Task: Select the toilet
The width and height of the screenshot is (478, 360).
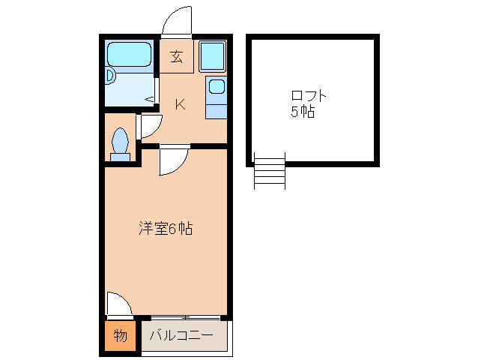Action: coord(119,143)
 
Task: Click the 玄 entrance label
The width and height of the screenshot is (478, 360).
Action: coord(177,57)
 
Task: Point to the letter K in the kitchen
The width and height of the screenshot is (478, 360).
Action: coord(180,104)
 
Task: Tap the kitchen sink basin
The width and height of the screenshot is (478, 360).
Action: coord(216,86)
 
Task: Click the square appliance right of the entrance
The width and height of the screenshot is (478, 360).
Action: coord(212,55)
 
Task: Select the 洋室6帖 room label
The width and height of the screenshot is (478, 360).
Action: coord(166,229)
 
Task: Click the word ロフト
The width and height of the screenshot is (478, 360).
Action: coord(309,97)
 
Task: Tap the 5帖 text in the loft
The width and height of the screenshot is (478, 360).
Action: coord(303,112)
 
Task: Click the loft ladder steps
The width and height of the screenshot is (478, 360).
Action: coord(270,172)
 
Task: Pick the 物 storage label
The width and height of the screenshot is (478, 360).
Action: coord(120,335)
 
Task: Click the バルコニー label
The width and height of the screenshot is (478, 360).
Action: coord(181,335)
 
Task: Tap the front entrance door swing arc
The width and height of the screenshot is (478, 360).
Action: coord(177,21)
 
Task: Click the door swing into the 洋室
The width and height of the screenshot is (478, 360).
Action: coord(172,161)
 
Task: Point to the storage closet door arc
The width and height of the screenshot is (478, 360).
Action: coord(118,304)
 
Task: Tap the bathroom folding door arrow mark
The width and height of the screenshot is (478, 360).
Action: coord(150,99)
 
